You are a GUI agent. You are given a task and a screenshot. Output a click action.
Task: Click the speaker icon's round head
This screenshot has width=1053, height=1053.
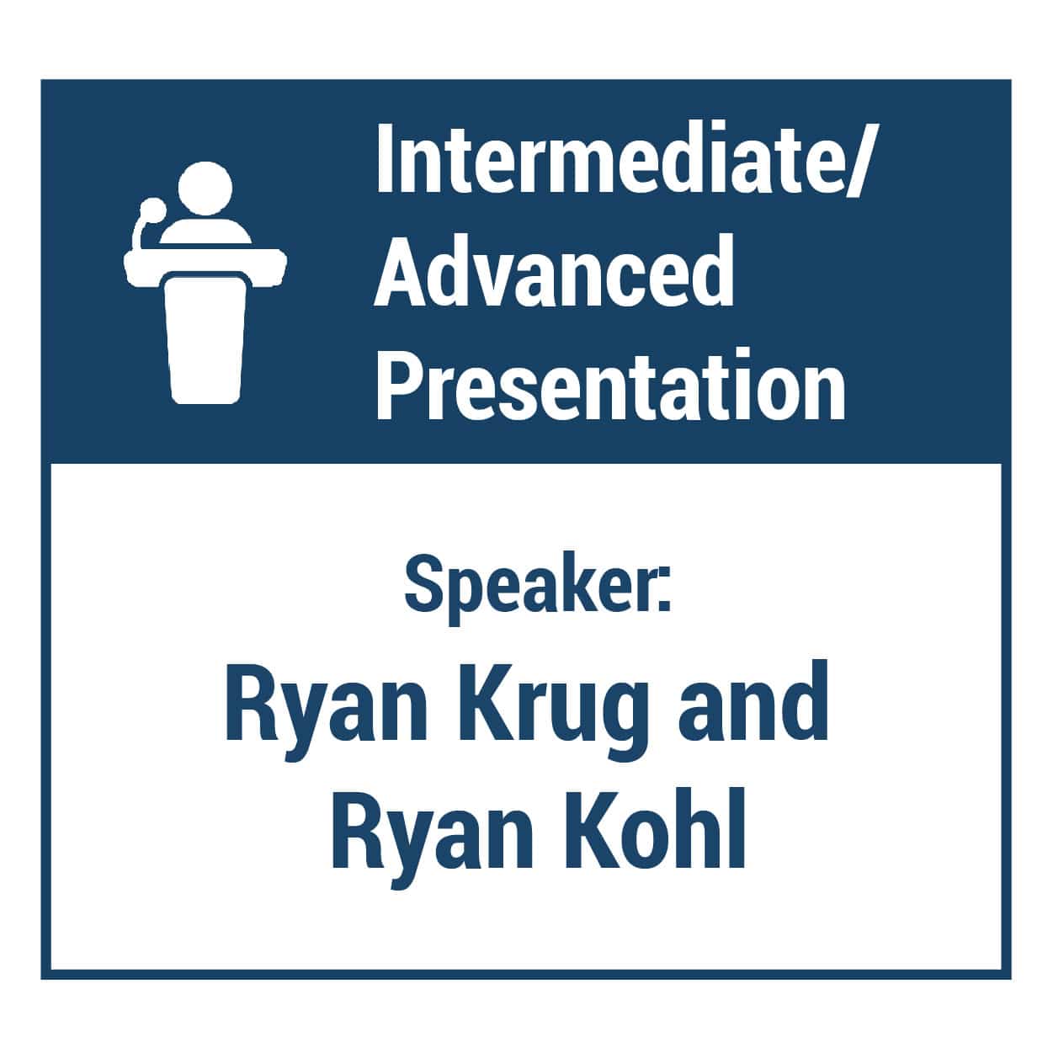click(205, 188)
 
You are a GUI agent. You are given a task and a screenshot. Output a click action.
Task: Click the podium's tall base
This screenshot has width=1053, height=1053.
click(205, 338)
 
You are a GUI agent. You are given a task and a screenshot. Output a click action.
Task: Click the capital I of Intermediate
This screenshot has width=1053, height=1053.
click(385, 160)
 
